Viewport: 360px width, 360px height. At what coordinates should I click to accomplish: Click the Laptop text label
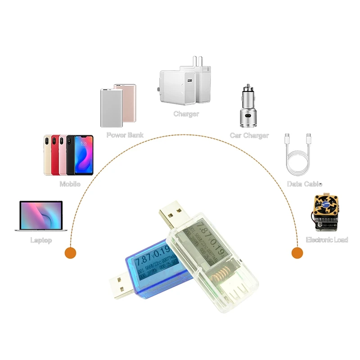41,240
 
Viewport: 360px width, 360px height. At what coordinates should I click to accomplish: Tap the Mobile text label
70,184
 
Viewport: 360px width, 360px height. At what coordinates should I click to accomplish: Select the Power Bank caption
125,135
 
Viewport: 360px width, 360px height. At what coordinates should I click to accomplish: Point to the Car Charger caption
249,135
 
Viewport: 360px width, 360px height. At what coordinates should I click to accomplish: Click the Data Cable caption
305,184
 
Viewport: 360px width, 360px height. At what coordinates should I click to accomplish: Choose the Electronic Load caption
327,240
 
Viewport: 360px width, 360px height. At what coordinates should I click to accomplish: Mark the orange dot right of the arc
297,252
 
